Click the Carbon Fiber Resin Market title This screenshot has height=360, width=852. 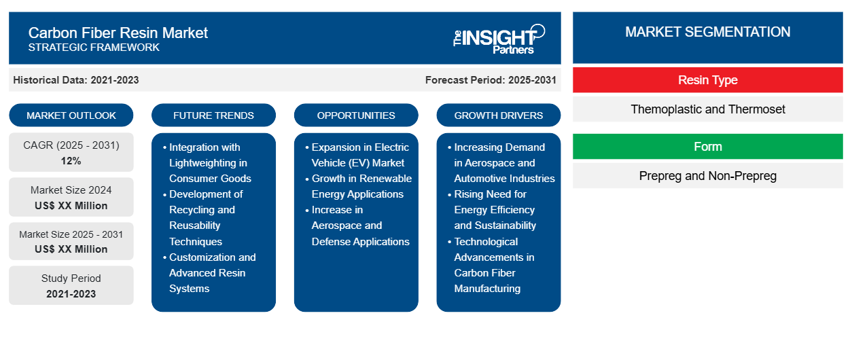(x=118, y=32)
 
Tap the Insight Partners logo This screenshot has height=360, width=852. (x=499, y=38)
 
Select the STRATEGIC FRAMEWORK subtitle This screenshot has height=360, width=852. (x=94, y=48)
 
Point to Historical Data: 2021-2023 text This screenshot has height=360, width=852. (x=76, y=80)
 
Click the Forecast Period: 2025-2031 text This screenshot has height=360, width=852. (x=491, y=80)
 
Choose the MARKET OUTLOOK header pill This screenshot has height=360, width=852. (x=71, y=115)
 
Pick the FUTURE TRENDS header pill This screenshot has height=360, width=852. (x=213, y=115)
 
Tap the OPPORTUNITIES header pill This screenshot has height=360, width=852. (x=356, y=115)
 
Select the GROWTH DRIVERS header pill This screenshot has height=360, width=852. (x=499, y=115)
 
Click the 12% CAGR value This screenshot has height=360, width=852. (x=71, y=161)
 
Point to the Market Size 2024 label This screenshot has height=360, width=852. (x=71, y=190)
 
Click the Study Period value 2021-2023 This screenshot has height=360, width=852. (x=71, y=294)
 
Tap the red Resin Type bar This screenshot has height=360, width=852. (x=707, y=80)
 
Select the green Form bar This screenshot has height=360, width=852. (x=707, y=147)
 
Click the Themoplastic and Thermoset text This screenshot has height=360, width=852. (x=707, y=109)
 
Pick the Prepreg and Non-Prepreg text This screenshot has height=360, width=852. (x=707, y=176)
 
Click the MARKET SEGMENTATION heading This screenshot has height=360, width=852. (x=707, y=32)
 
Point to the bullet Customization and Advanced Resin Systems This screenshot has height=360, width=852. (x=212, y=272)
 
